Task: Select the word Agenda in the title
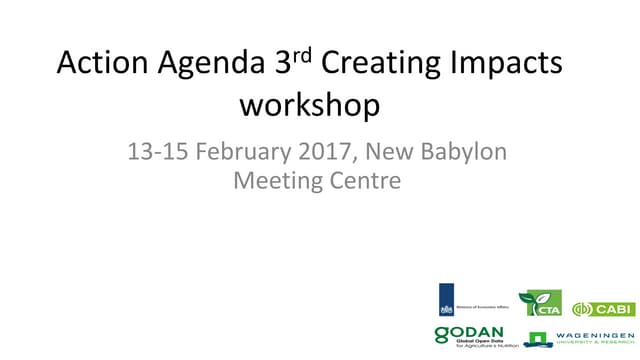click(205, 66)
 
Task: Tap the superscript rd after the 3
click(303, 56)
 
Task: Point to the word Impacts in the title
click(508, 66)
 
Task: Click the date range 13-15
click(155, 153)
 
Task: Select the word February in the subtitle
click(241, 153)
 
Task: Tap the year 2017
click(324, 153)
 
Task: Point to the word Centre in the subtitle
click(364, 182)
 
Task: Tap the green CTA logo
click(540, 304)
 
